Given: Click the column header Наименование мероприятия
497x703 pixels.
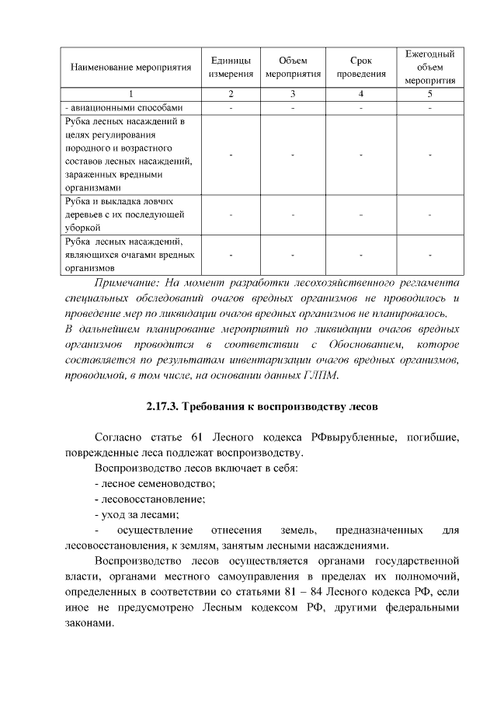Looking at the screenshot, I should coord(130,68).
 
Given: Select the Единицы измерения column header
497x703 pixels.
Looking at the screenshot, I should coord(230,68).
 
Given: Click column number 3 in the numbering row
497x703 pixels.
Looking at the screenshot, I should coord(293,95).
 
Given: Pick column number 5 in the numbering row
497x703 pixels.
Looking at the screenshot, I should coord(429,95).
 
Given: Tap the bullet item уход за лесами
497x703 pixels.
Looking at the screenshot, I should coord(137,515).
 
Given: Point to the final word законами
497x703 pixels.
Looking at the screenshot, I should coord(82,624).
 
